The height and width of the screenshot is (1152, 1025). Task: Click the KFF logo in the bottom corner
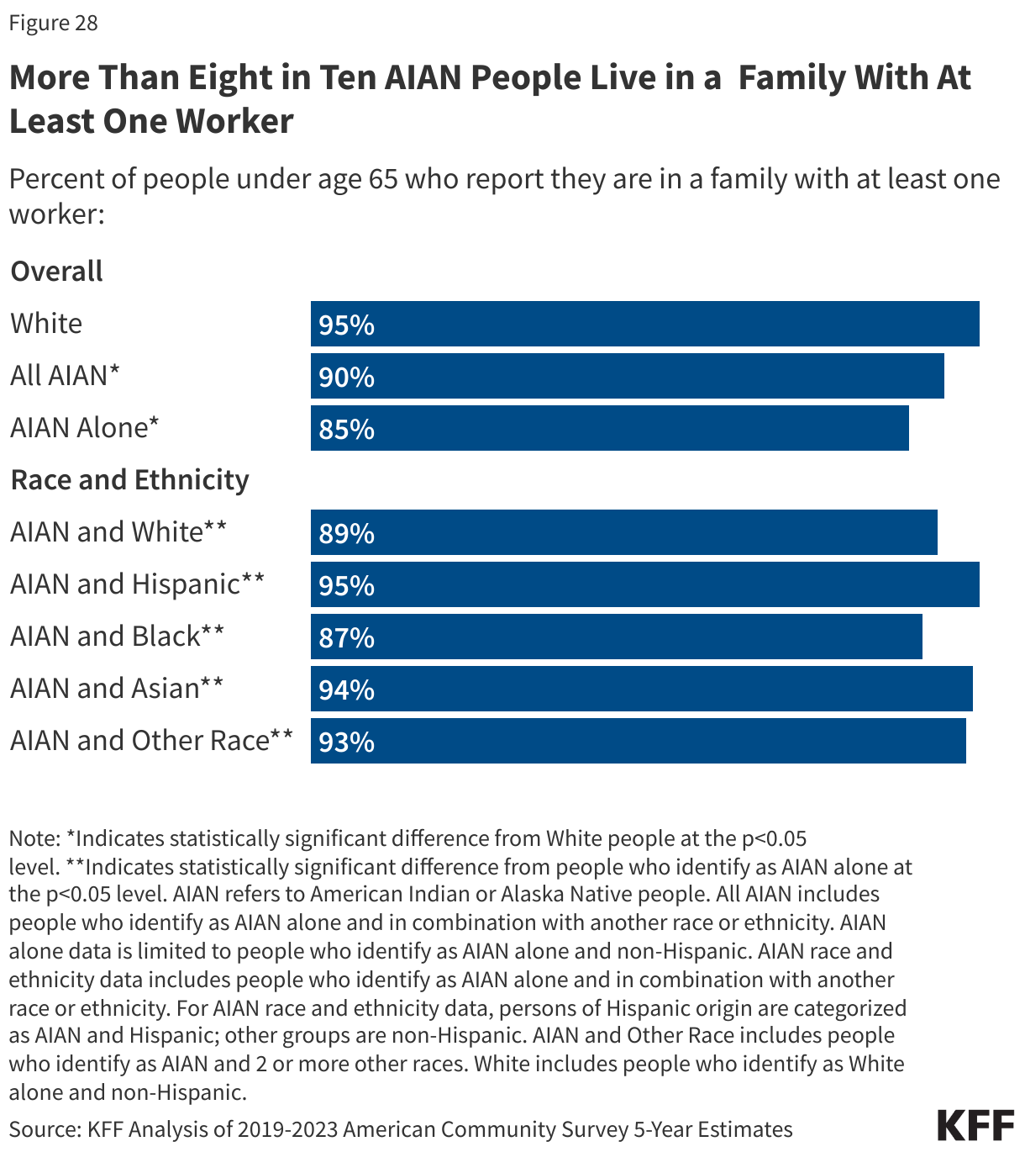(x=975, y=1125)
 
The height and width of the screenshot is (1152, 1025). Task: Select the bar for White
(x=644, y=324)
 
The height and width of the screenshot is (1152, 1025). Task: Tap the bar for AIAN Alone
(x=609, y=428)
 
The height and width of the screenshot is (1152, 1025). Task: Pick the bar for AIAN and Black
(x=616, y=637)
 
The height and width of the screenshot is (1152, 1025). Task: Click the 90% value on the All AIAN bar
(x=346, y=377)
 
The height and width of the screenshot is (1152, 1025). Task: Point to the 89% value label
(x=346, y=533)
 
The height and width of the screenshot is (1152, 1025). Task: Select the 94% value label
(x=346, y=690)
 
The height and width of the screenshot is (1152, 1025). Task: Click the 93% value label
(x=346, y=742)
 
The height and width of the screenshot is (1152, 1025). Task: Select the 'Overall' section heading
(x=56, y=272)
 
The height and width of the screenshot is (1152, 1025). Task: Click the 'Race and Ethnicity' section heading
(x=129, y=479)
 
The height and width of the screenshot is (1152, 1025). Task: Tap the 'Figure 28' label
(x=53, y=23)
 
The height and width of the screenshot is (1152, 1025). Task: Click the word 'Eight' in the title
(x=229, y=78)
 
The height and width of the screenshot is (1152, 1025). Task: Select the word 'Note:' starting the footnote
(x=34, y=838)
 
